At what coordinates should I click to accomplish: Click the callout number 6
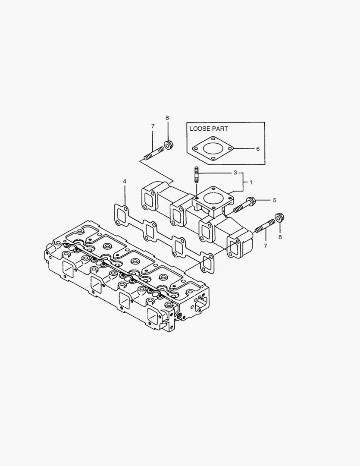coord(258,149)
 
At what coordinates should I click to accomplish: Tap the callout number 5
coord(274,200)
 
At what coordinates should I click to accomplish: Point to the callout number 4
coord(125,181)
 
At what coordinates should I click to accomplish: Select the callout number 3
coord(235,173)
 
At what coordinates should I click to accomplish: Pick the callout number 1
coord(251,183)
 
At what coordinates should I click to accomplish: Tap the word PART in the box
coord(220,128)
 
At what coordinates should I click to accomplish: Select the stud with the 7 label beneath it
coord(265,225)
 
